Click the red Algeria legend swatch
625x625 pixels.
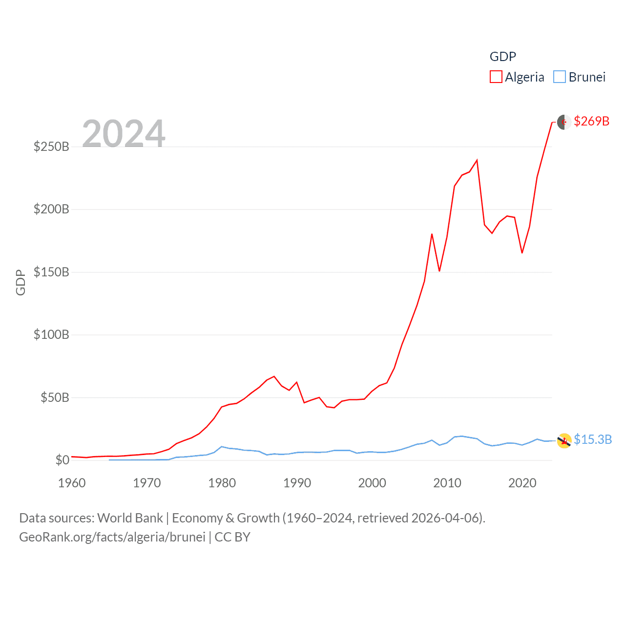coord(496,77)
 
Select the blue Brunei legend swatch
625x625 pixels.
coord(559,77)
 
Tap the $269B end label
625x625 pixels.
coord(591,121)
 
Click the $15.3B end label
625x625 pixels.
coord(592,439)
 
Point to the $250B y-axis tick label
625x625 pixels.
coord(51,146)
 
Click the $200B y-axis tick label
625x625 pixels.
coord(51,209)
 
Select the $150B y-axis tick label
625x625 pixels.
coord(51,272)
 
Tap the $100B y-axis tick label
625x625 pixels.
coord(51,334)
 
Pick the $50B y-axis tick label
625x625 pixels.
coord(55,397)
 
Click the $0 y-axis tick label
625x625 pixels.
coord(62,460)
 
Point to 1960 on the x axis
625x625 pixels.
coord(72,483)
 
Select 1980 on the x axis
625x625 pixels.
coord(222,483)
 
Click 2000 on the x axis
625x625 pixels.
coord(372,483)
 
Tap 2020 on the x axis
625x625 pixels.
coord(522,483)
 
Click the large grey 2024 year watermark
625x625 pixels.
coord(124,133)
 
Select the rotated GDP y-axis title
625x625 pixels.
coord(21,282)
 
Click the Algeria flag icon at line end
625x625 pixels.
coord(564,122)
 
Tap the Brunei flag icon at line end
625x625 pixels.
coord(564,440)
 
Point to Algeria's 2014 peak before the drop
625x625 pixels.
coord(477,160)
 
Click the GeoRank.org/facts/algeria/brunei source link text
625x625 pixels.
coord(112,537)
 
